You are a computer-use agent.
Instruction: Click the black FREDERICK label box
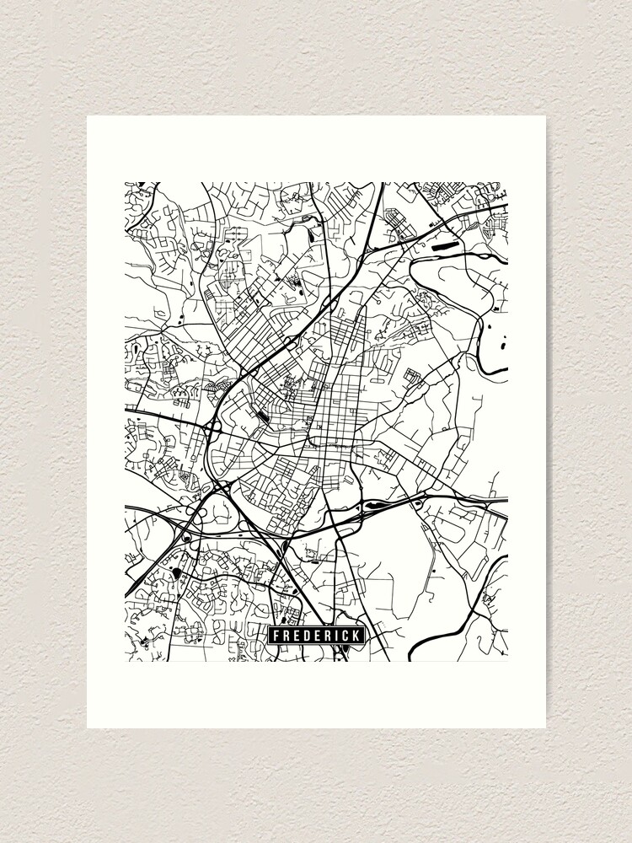click(315, 636)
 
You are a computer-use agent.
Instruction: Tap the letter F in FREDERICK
click(275, 636)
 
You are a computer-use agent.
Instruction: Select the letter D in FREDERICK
click(304, 636)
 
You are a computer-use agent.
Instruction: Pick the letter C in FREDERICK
click(343, 636)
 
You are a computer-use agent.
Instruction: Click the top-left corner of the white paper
click(88, 116)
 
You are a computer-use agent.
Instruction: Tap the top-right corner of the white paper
click(545, 116)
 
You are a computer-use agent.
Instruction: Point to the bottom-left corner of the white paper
click(88, 728)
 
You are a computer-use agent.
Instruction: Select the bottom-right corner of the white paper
click(545, 728)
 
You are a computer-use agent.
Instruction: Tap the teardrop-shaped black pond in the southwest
click(177, 574)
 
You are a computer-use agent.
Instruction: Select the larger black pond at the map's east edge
click(503, 341)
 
